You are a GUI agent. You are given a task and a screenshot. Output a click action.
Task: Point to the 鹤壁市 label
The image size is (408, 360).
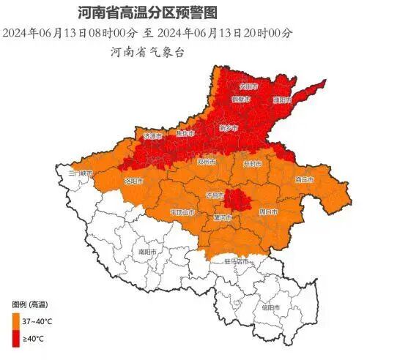coord(241,99)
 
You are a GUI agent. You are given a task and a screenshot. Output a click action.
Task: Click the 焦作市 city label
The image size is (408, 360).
coord(185,133)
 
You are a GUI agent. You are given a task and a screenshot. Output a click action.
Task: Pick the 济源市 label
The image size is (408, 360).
coord(152,137)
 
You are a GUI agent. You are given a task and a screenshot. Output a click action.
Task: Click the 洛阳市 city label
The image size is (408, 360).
coord(133,180)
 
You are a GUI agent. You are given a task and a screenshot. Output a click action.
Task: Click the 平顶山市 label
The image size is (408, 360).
coord(182,212)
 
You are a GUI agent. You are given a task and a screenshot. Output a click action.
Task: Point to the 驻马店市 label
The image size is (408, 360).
coord(237,261)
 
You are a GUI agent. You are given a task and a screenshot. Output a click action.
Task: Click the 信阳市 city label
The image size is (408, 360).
coord(270,307)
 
